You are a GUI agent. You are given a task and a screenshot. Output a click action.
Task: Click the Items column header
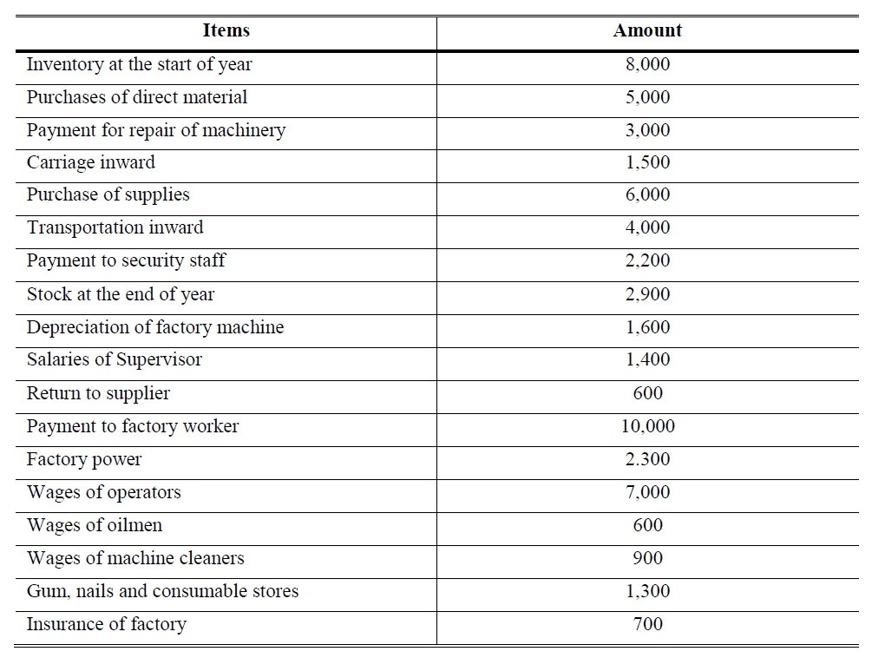tap(226, 30)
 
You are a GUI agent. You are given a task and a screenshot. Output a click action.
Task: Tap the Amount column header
tap(647, 30)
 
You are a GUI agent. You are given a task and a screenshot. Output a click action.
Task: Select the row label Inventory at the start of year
tap(140, 64)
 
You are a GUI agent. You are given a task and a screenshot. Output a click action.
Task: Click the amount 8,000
tap(647, 64)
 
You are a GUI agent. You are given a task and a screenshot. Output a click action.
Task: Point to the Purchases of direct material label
tap(137, 97)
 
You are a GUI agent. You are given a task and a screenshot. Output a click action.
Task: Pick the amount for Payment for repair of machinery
tap(647, 130)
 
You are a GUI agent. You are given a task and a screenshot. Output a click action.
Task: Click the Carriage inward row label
tap(91, 162)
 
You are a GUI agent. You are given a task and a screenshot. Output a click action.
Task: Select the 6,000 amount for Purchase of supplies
tap(647, 195)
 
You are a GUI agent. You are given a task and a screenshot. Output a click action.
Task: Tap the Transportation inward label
tap(115, 227)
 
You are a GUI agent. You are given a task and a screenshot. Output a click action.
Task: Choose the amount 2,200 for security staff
tap(647, 260)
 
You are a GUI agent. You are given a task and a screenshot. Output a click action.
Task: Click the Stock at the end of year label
tap(121, 294)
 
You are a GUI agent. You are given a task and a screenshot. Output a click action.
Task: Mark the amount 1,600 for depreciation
tap(647, 327)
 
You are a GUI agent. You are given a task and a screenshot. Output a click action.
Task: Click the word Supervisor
tap(159, 359)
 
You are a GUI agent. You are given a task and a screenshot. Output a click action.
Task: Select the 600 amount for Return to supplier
tap(647, 393)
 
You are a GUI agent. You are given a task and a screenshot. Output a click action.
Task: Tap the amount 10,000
tap(647, 426)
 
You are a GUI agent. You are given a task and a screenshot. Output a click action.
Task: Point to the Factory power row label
tap(84, 459)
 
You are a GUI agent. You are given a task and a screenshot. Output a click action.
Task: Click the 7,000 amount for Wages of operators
tap(647, 492)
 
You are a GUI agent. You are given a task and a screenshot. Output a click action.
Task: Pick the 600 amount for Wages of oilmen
tap(647, 525)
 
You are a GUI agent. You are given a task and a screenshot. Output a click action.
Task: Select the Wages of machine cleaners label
tap(135, 558)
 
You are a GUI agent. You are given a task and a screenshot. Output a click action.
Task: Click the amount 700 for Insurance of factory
tap(647, 624)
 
